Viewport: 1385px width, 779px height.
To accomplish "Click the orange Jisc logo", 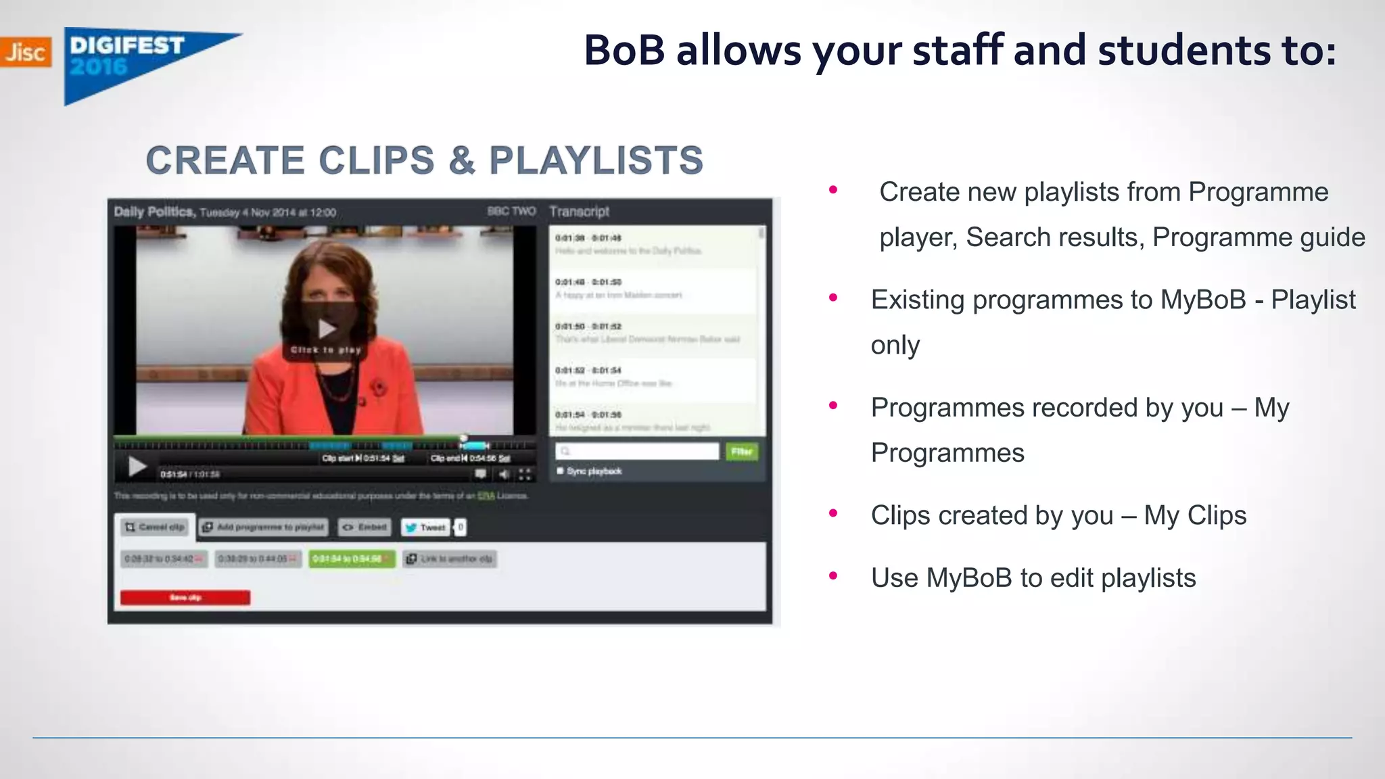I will click(25, 52).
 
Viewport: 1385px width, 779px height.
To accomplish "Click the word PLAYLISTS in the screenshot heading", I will click(596, 161).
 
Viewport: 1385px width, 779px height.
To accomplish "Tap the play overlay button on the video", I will click(327, 330).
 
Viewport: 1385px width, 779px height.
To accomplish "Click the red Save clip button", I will click(185, 598).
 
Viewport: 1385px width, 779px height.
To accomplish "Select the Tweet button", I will click(426, 527).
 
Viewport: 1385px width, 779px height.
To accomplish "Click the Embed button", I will click(365, 527).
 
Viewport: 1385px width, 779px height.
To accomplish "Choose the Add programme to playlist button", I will click(264, 527).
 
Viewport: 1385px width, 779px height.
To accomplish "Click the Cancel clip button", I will click(155, 527).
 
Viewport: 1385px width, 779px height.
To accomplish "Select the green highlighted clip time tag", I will click(351, 559).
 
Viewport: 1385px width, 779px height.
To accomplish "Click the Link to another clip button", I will click(450, 559).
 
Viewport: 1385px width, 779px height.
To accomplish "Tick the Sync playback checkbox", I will click(560, 471).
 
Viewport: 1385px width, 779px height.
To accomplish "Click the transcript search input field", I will click(637, 451).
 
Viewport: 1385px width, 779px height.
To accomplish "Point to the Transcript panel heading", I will click(579, 212).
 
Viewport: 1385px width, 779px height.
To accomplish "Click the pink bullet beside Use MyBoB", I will click(833, 576).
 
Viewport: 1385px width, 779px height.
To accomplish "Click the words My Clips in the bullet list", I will click(1195, 515).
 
